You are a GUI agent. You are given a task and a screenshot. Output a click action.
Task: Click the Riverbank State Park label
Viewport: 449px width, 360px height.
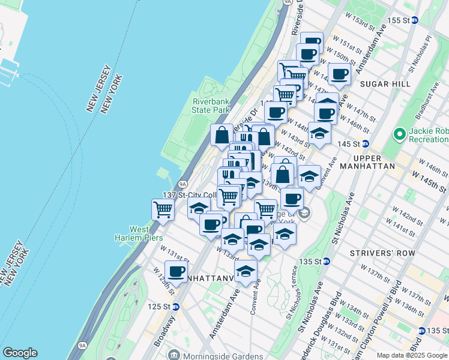[211, 106]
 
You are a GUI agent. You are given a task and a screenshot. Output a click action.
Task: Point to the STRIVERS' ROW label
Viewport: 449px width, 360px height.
[390, 253]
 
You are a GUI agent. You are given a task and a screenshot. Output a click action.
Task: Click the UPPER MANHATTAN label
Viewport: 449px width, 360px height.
[376, 166]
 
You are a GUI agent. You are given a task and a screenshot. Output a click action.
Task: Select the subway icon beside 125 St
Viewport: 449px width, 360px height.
[176, 307]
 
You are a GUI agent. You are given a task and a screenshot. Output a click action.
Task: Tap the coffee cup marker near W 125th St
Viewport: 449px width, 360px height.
[176, 271]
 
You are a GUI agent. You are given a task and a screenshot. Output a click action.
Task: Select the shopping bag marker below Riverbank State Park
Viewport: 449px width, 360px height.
[221, 134]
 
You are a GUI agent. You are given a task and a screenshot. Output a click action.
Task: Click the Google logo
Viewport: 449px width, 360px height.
[20, 353]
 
